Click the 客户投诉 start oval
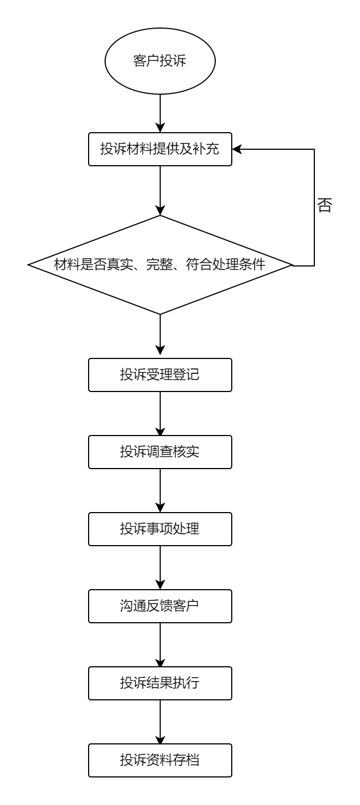[x=160, y=61]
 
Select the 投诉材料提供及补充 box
[x=160, y=149]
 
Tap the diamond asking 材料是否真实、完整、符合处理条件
[x=160, y=265]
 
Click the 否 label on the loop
[x=325, y=205]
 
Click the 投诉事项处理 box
[x=160, y=529]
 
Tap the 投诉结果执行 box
[x=160, y=684]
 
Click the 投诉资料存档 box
[x=160, y=761]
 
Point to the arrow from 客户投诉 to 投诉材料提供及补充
[x=160, y=113]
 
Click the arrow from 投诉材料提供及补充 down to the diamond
[x=160, y=190]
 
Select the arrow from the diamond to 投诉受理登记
[x=160, y=336]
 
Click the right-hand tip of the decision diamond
[x=291, y=265]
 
